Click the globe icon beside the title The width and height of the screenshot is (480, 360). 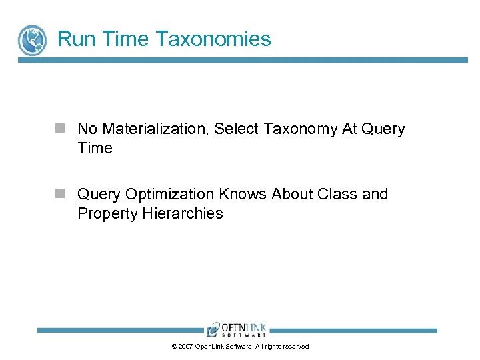[32, 40]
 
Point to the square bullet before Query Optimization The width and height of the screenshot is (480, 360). [60, 193]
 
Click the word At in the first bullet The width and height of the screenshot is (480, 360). [350, 129]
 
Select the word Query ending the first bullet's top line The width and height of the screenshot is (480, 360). [383, 129]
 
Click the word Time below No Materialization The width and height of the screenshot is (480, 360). [95, 148]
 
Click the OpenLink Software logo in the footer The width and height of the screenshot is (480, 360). [237, 329]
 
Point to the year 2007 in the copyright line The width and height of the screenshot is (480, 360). [185, 347]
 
